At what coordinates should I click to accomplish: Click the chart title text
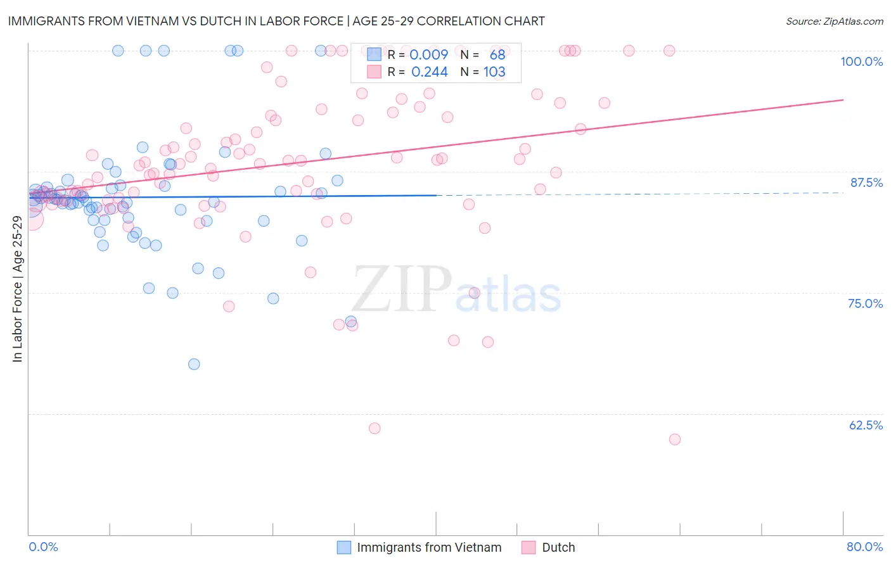pyautogui.click(x=276, y=21)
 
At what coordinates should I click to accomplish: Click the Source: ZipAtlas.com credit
pyautogui.click(x=834, y=21)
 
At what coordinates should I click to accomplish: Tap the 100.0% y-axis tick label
pyautogui.click(x=861, y=61)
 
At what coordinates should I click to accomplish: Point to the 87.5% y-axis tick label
pyautogui.click(x=866, y=182)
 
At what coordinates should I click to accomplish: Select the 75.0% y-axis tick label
pyautogui.click(x=865, y=303)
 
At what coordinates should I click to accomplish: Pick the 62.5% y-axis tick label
pyautogui.click(x=866, y=425)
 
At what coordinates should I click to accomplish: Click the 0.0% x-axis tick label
pyautogui.click(x=43, y=547)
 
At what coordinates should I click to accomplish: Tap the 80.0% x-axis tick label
pyautogui.click(x=864, y=547)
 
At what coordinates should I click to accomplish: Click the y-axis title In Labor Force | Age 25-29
pyautogui.click(x=17, y=289)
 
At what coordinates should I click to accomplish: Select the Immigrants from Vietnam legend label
pyautogui.click(x=429, y=547)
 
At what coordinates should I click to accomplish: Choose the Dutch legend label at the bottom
pyautogui.click(x=558, y=547)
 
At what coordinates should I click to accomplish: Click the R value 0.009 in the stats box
pyautogui.click(x=429, y=54)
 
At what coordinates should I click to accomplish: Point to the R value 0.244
pyautogui.click(x=429, y=72)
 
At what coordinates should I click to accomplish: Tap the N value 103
pyautogui.click(x=494, y=72)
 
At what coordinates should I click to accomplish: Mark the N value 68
pyautogui.click(x=497, y=54)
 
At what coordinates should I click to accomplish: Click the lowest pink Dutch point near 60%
pyautogui.click(x=675, y=440)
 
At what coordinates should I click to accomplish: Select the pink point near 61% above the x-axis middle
pyautogui.click(x=375, y=428)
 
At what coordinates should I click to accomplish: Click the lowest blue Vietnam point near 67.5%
pyautogui.click(x=194, y=364)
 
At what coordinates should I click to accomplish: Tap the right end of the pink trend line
pyautogui.click(x=843, y=100)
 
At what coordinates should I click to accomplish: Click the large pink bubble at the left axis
pyautogui.click(x=32, y=219)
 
